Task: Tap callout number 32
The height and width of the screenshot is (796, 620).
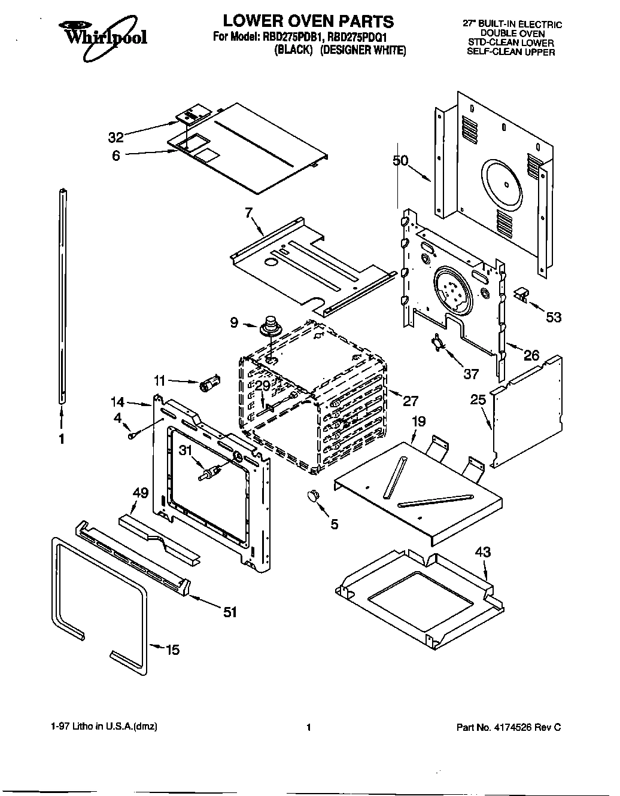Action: click(116, 138)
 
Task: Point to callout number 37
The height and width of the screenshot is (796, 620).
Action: click(471, 374)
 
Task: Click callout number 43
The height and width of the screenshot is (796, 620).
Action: click(482, 551)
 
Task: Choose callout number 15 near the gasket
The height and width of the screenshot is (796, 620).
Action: click(172, 649)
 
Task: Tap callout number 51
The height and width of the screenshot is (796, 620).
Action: click(230, 611)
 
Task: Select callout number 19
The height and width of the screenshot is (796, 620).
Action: click(418, 422)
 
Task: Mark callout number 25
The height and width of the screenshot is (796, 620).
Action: click(478, 399)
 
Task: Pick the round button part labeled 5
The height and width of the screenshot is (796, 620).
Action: click(311, 495)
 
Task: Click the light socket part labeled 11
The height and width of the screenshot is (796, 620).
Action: click(209, 384)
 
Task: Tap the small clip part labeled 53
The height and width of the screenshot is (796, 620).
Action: click(522, 294)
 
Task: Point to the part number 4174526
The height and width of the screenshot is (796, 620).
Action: click(515, 727)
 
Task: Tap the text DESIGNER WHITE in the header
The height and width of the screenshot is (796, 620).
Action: click(363, 51)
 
